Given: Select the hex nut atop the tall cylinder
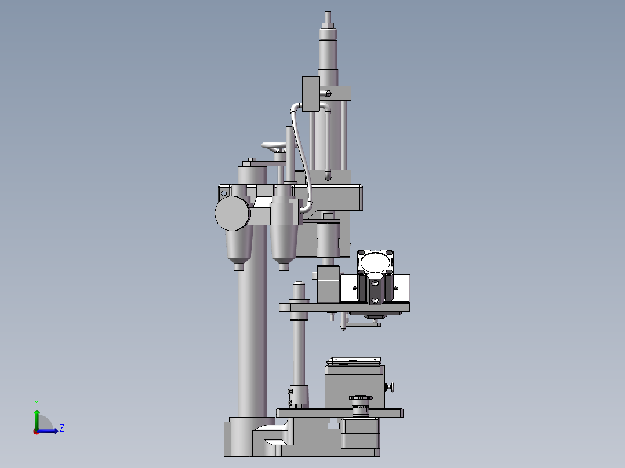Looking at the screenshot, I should (x=328, y=25).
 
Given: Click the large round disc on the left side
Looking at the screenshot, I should (x=232, y=213).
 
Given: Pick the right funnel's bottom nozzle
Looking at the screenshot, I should (x=283, y=266).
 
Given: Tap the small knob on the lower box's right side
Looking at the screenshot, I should (x=391, y=386).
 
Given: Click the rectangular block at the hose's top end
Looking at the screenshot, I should (x=311, y=93).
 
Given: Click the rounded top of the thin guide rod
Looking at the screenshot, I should (x=299, y=284).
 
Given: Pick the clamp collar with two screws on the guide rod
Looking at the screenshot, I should (x=299, y=396).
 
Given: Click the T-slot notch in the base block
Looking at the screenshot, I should (x=333, y=425).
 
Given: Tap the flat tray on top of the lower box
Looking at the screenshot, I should (x=354, y=361).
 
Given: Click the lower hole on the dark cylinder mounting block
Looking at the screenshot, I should (x=375, y=299).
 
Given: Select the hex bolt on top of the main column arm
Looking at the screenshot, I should (x=252, y=160).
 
